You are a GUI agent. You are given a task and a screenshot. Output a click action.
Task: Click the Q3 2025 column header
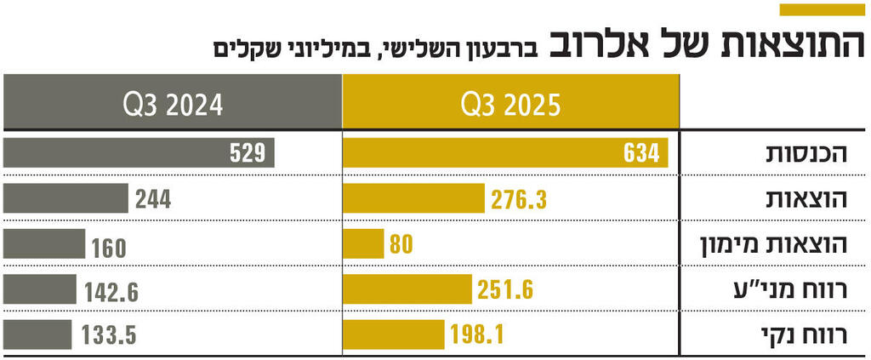[x=510, y=105]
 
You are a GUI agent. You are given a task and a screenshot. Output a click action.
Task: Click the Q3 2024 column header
[x=173, y=105]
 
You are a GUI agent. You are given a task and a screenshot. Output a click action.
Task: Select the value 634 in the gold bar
[x=641, y=153]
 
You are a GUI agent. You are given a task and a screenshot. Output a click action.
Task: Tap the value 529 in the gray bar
[x=248, y=153]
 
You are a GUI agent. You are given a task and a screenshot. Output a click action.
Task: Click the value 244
[x=153, y=199]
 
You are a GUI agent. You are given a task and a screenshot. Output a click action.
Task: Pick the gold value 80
[x=401, y=245]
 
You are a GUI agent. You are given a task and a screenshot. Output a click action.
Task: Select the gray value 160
[x=109, y=248]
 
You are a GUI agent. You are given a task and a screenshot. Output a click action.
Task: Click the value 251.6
[x=505, y=290]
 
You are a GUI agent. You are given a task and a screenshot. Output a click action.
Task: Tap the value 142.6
[x=111, y=292]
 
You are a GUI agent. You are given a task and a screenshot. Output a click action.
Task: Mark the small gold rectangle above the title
[x=822, y=9]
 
